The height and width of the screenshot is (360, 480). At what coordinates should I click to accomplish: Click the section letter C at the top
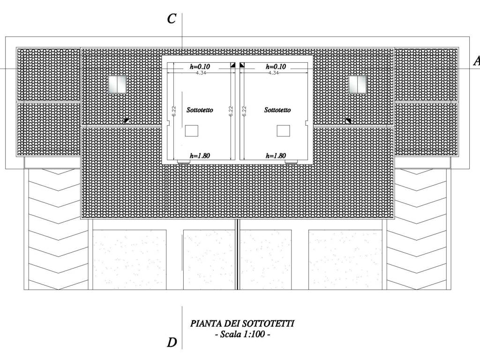[x=172, y=19]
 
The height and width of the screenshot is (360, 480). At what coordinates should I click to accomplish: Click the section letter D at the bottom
[x=172, y=342]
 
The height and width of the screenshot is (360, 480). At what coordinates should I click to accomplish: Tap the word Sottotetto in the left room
[x=200, y=110]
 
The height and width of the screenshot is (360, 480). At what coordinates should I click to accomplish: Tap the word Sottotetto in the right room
[x=277, y=110]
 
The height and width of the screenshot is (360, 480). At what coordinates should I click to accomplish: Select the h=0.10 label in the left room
[x=200, y=67]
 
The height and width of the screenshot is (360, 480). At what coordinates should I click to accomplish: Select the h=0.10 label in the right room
[x=276, y=67]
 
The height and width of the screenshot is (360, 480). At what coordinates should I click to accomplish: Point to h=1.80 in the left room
[x=200, y=156]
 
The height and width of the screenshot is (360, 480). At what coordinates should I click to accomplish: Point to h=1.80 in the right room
[x=276, y=156]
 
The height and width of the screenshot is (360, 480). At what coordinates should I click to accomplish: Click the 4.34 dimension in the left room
[x=201, y=73]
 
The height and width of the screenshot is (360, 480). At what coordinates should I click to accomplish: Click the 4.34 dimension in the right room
[x=273, y=73]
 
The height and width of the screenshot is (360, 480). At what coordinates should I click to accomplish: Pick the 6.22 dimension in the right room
[x=244, y=111]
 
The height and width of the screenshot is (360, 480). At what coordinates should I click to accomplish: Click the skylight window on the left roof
[x=117, y=84]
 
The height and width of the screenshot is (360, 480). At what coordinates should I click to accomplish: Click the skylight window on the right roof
[x=358, y=84]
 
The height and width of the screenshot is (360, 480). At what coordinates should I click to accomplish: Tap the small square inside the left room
[x=192, y=131]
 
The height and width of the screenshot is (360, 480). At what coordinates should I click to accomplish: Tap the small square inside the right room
[x=284, y=131]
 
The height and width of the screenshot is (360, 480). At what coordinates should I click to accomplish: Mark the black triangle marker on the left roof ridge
[x=127, y=121]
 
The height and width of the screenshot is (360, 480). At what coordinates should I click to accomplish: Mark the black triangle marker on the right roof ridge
[x=348, y=121]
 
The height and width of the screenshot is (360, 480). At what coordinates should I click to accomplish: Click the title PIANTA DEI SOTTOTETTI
[x=242, y=323]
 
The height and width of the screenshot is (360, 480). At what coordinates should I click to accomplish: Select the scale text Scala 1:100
[x=242, y=334]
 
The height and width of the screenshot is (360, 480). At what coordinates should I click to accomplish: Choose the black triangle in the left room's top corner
[x=232, y=65]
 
